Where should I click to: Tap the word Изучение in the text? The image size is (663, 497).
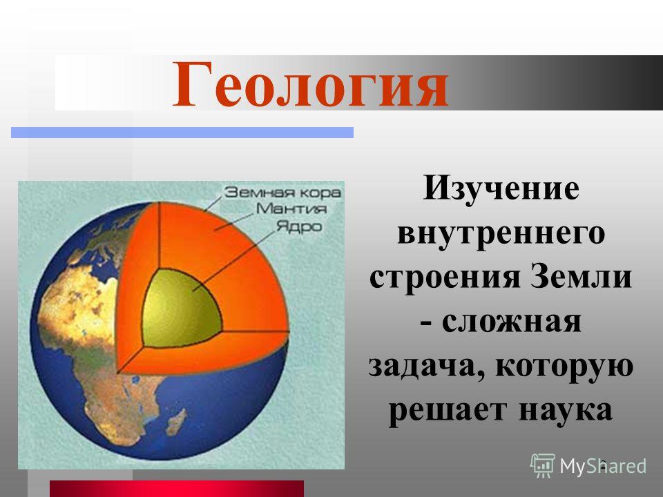tap(501, 190)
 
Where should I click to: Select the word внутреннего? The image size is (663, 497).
tap(501, 233)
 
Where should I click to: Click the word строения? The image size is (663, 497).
tap(444, 277)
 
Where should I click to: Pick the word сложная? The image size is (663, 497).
tap(512, 322)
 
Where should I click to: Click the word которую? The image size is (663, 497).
tap(564, 367)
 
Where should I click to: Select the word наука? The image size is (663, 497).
tap(566, 409)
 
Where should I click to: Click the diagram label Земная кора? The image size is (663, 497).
tap(282, 193)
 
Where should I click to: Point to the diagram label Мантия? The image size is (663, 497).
tap(291, 208)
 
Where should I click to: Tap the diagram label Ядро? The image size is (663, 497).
tap(299, 226)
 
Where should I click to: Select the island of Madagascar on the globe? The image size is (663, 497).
tap(175, 422)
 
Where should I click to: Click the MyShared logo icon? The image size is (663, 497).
tap(543, 466)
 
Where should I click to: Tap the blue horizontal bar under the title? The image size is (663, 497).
tap(182, 133)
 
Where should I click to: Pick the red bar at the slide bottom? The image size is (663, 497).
tap(177, 489)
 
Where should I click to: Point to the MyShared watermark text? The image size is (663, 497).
tap(603, 466)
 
